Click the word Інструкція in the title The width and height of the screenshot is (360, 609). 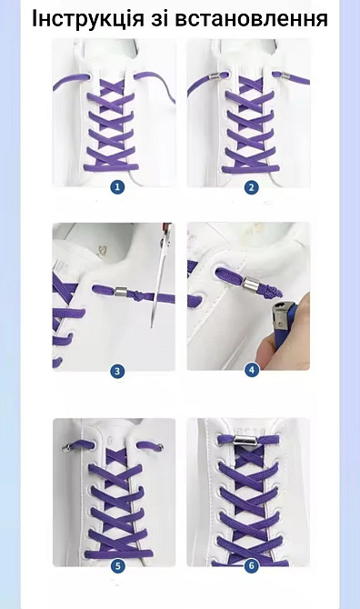88,18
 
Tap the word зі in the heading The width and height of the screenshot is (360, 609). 160,18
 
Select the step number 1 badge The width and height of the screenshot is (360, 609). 117,187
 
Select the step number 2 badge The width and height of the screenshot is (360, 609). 251,187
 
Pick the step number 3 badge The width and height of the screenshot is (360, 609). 117,371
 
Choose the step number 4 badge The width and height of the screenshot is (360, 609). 252,370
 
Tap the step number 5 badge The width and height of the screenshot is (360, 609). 117,566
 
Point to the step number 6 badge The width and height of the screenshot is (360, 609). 251,566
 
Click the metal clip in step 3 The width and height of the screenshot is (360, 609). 121,292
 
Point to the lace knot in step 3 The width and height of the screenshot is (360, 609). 136,295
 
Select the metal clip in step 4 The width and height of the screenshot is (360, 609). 249,283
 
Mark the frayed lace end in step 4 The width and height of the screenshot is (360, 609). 266,289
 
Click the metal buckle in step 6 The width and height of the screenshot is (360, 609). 245,441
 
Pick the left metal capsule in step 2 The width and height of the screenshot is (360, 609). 212,77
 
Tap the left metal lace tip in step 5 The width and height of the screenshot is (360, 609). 67,448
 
